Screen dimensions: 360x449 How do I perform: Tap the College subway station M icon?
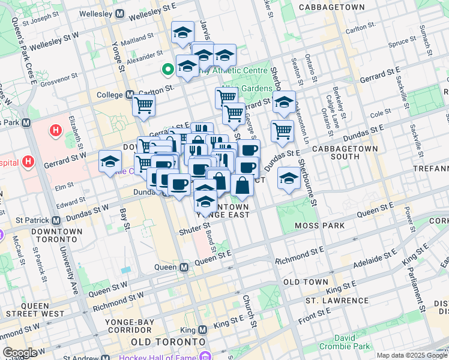pos(130,95)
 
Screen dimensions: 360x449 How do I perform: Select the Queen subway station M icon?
pos(184,266)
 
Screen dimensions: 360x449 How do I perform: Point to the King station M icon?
pos(202,329)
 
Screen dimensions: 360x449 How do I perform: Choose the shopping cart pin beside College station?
pos(144,106)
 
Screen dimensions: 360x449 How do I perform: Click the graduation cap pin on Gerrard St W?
pos(110,161)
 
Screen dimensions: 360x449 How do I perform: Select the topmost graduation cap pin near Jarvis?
pos(182,32)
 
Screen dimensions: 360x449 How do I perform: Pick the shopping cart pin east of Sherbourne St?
pos(282,131)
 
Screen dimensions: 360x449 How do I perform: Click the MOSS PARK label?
pos(319,226)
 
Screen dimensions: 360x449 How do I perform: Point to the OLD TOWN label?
pos(306,282)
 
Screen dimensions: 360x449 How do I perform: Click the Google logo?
pos(20,353)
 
